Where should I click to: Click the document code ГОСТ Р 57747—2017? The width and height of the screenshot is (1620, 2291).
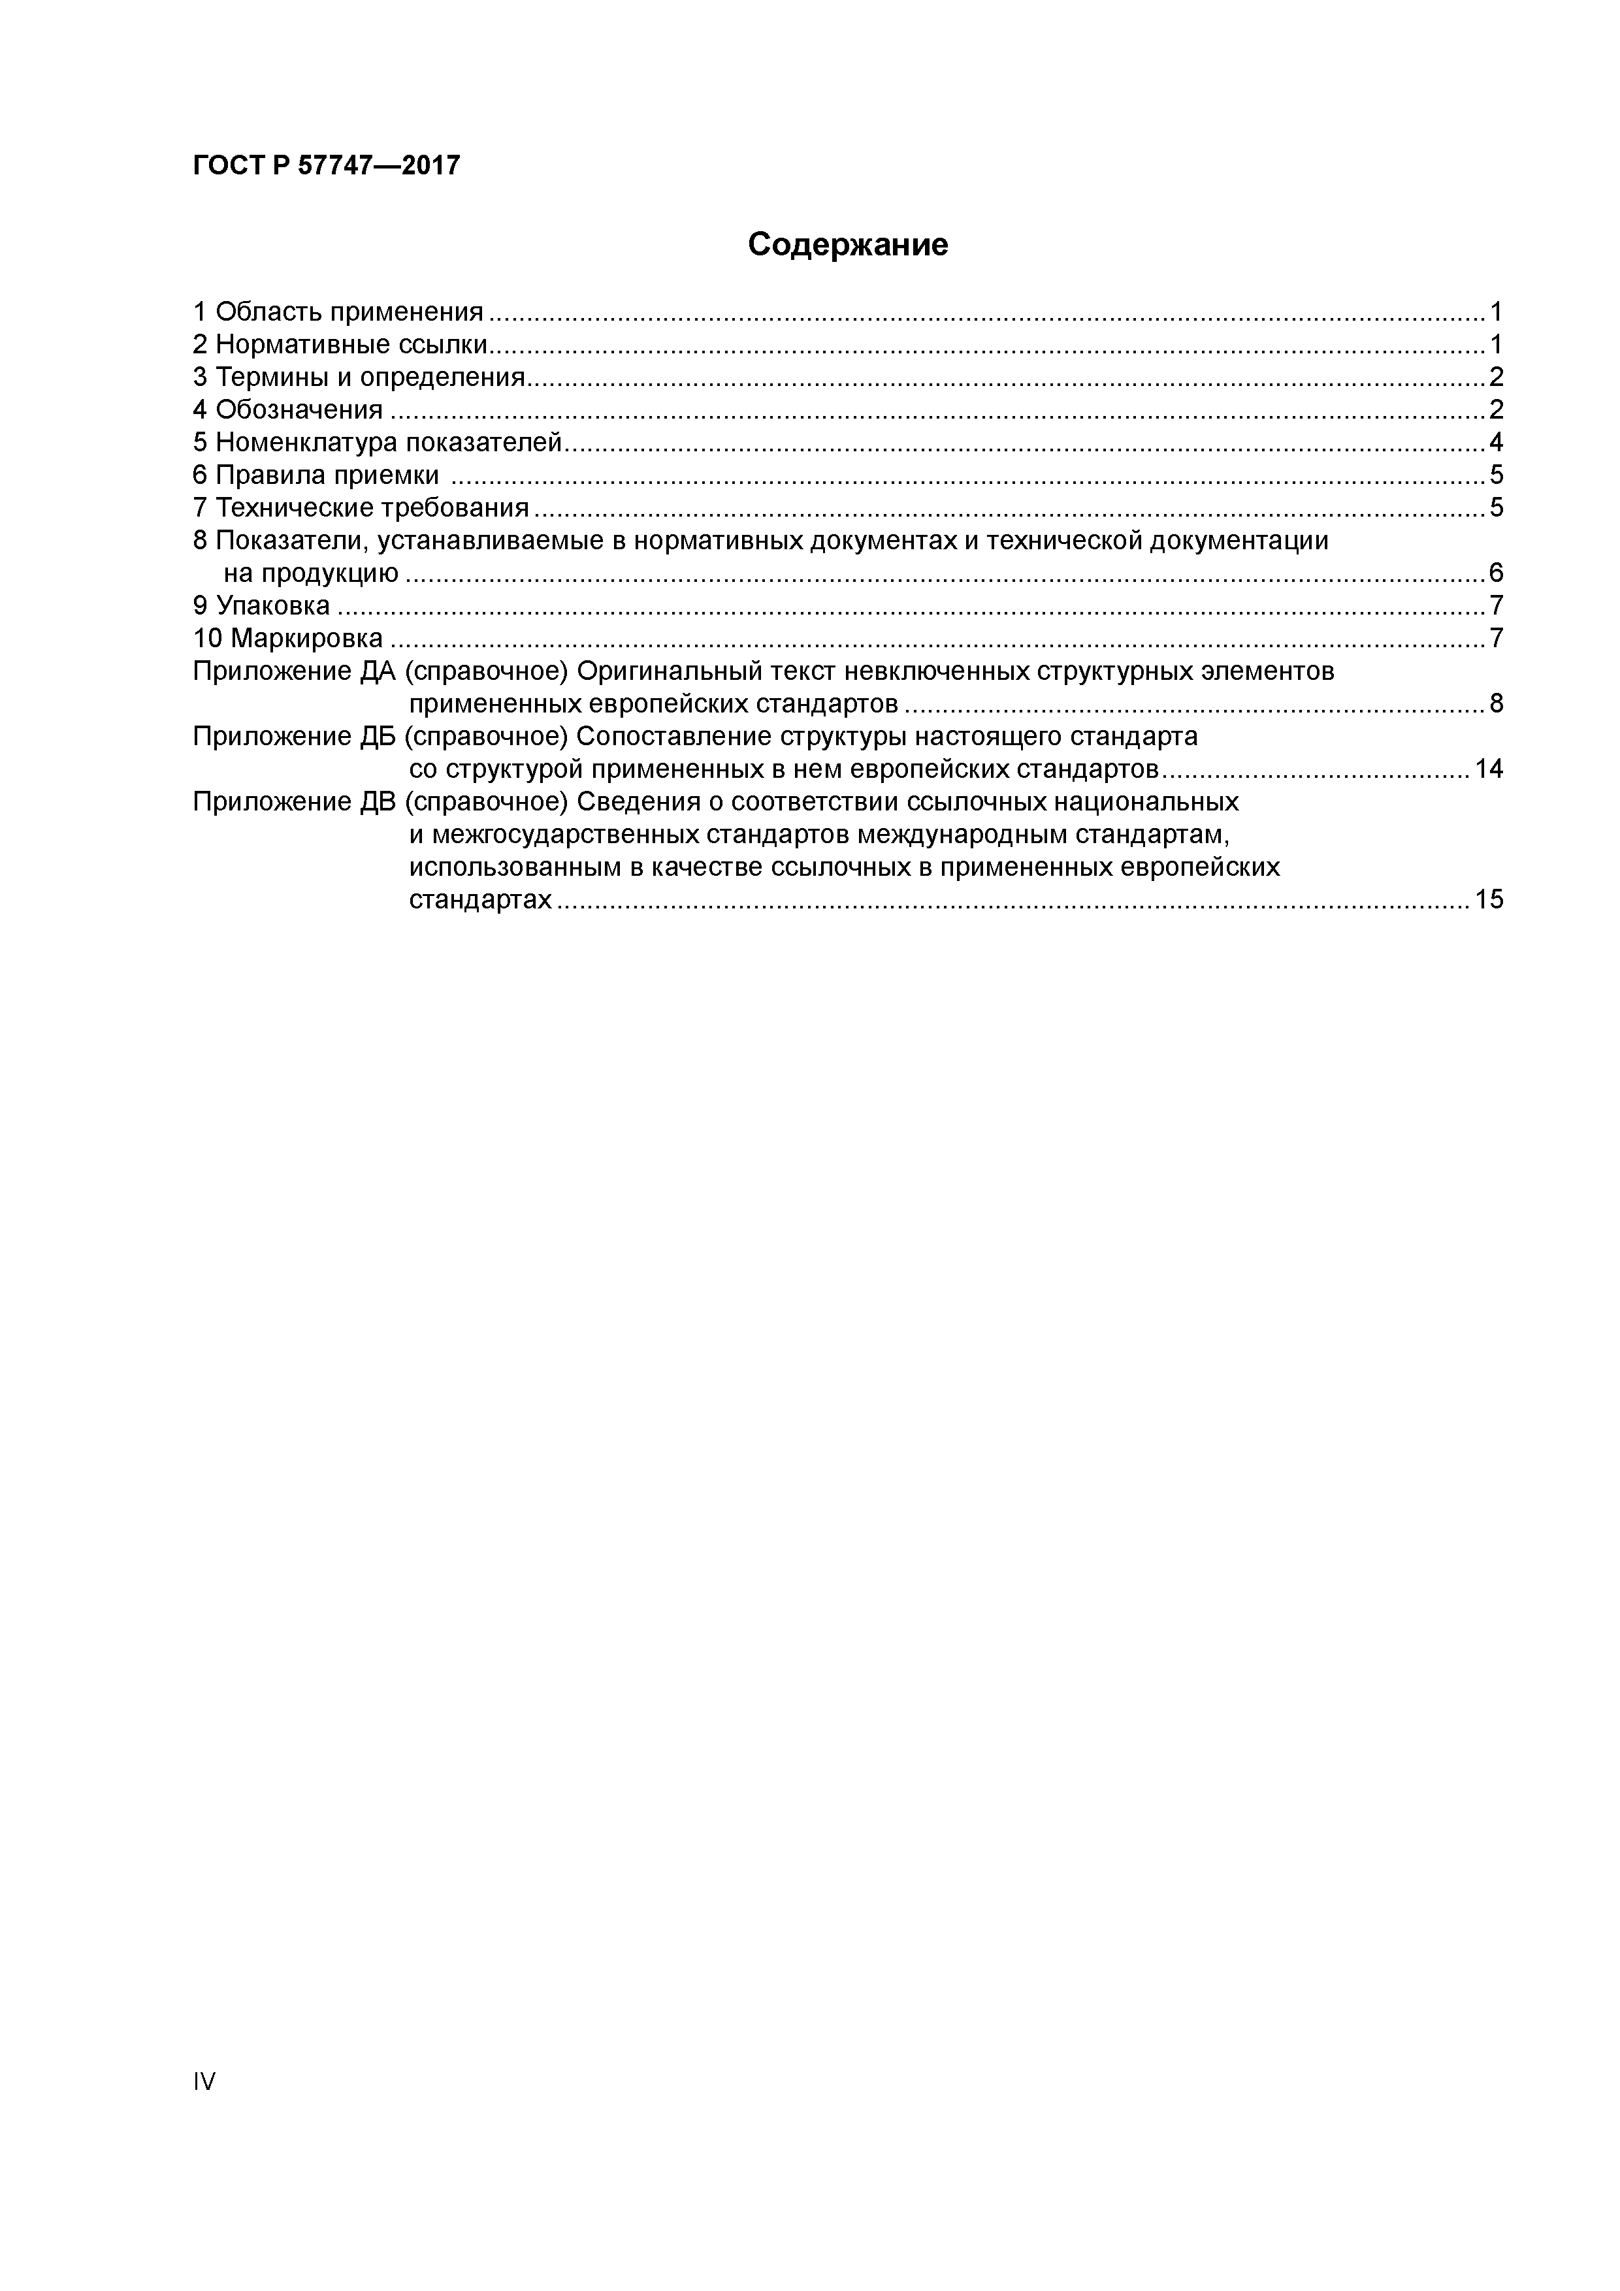[327, 166]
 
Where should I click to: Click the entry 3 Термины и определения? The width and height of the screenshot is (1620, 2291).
[359, 377]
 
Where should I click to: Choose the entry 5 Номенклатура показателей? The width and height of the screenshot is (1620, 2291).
[378, 442]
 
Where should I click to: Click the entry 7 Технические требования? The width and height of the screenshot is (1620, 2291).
[361, 508]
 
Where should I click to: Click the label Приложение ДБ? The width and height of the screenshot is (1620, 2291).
[295, 737]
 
